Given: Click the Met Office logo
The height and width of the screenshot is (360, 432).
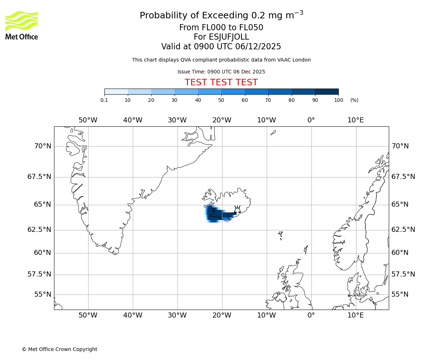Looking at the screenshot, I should pos(22,25).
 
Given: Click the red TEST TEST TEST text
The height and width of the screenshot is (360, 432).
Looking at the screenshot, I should pos(221,82).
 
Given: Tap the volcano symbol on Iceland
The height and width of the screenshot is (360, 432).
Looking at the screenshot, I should pos(237,210).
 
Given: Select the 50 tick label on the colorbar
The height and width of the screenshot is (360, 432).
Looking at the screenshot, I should pos(221,100).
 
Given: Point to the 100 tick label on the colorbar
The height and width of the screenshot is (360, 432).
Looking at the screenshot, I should pos(338,100).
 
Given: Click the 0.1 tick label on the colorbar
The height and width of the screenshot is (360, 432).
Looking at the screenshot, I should pos(104,100).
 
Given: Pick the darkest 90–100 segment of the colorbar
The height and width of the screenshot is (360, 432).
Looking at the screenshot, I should pos(327,91).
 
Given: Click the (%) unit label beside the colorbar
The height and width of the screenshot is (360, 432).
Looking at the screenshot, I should pos(354,100).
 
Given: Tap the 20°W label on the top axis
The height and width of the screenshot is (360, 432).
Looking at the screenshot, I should pos(222,120).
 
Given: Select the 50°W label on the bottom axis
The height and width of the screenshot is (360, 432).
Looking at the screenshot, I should pos(88,315).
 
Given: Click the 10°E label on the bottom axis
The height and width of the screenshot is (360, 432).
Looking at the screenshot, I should pos(356,315).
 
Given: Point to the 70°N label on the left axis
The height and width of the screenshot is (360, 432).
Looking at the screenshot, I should pos(42,146).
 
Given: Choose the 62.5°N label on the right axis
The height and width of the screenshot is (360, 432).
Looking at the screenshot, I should pos(403,230).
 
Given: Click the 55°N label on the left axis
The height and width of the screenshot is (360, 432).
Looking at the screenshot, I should pos(42,294).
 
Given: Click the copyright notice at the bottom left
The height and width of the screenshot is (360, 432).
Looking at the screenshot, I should pos(59,349).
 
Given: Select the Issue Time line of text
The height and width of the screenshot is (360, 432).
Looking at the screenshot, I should pos(221,72).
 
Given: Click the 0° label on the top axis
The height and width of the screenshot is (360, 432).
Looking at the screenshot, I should pos(311,120).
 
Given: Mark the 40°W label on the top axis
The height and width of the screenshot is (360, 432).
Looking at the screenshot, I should pos(132,120).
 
